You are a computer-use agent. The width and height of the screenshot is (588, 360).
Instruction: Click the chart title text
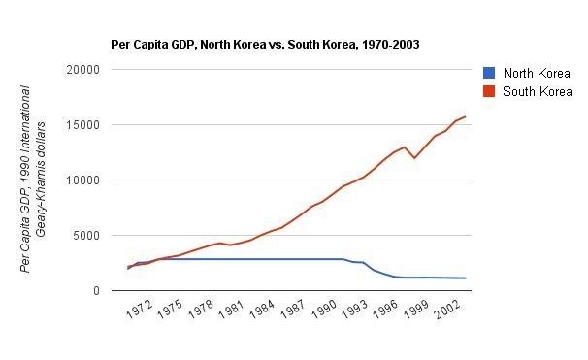pyautogui.click(x=265, y=45)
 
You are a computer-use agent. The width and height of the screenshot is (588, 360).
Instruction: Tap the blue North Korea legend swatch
pyautogui.click(x=489, y=73)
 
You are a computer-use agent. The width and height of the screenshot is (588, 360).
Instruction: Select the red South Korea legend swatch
pyautogui.click(x=489, y=91)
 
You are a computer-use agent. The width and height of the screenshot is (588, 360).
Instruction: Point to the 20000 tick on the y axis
pyautogui.click(x=82, y=70)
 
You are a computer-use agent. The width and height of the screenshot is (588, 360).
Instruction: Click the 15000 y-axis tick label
pyautogui.click(x=82, y=125)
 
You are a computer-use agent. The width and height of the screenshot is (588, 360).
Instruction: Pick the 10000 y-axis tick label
pyautogui.click(x=82, y=180)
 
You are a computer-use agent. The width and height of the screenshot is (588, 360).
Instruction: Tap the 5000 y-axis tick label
pyautogui.click(x=86, y=236)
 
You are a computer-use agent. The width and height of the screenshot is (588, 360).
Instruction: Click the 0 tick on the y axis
pyautogui.click(x=97, y=291)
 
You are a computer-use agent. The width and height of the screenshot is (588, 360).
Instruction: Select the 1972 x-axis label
pyautogui.click(x=140, y=309)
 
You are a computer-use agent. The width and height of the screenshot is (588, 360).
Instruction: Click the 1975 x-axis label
pyautogui.click(x=170, y=309)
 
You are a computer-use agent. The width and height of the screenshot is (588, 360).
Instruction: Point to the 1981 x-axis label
pyautogui.click(x=231, y=309)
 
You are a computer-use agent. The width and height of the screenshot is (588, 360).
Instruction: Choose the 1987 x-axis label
pyautogui.click(x=293, y=309)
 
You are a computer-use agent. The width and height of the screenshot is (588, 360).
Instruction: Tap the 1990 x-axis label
pyautogui.click(x=324, y=309)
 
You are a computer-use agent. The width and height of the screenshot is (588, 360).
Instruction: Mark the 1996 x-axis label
pyautogui.click(x=385, y=309)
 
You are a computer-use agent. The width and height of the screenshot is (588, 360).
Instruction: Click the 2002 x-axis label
pyautogui.click(x=447, y=309)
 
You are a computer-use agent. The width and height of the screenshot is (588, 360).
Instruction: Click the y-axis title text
pyautogui.click(x=33, y=180)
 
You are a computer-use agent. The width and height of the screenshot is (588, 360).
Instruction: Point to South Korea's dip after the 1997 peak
pyautogui.click(x=414, y=158)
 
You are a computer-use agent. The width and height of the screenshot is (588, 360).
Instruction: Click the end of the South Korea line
pyautogui.click(x=466, y=116)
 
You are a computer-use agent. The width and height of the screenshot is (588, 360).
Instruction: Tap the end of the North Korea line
pyautogui.click(x=466, y=278)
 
